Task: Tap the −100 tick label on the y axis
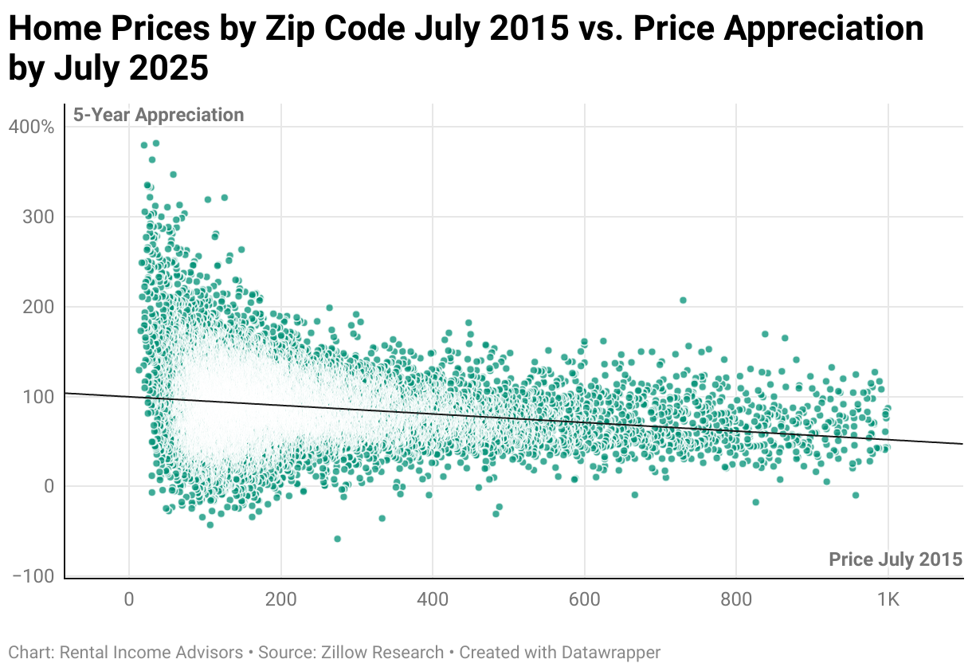click(33, 576)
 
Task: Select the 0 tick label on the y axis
click(49, 486)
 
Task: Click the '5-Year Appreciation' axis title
click(159, 115)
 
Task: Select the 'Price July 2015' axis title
click(896, 559)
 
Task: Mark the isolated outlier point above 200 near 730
click(683, 300)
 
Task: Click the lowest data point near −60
click(337, 539)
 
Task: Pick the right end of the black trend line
click(962, 443)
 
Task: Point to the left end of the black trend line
click(65, 393)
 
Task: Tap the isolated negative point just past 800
click(755, 502)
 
